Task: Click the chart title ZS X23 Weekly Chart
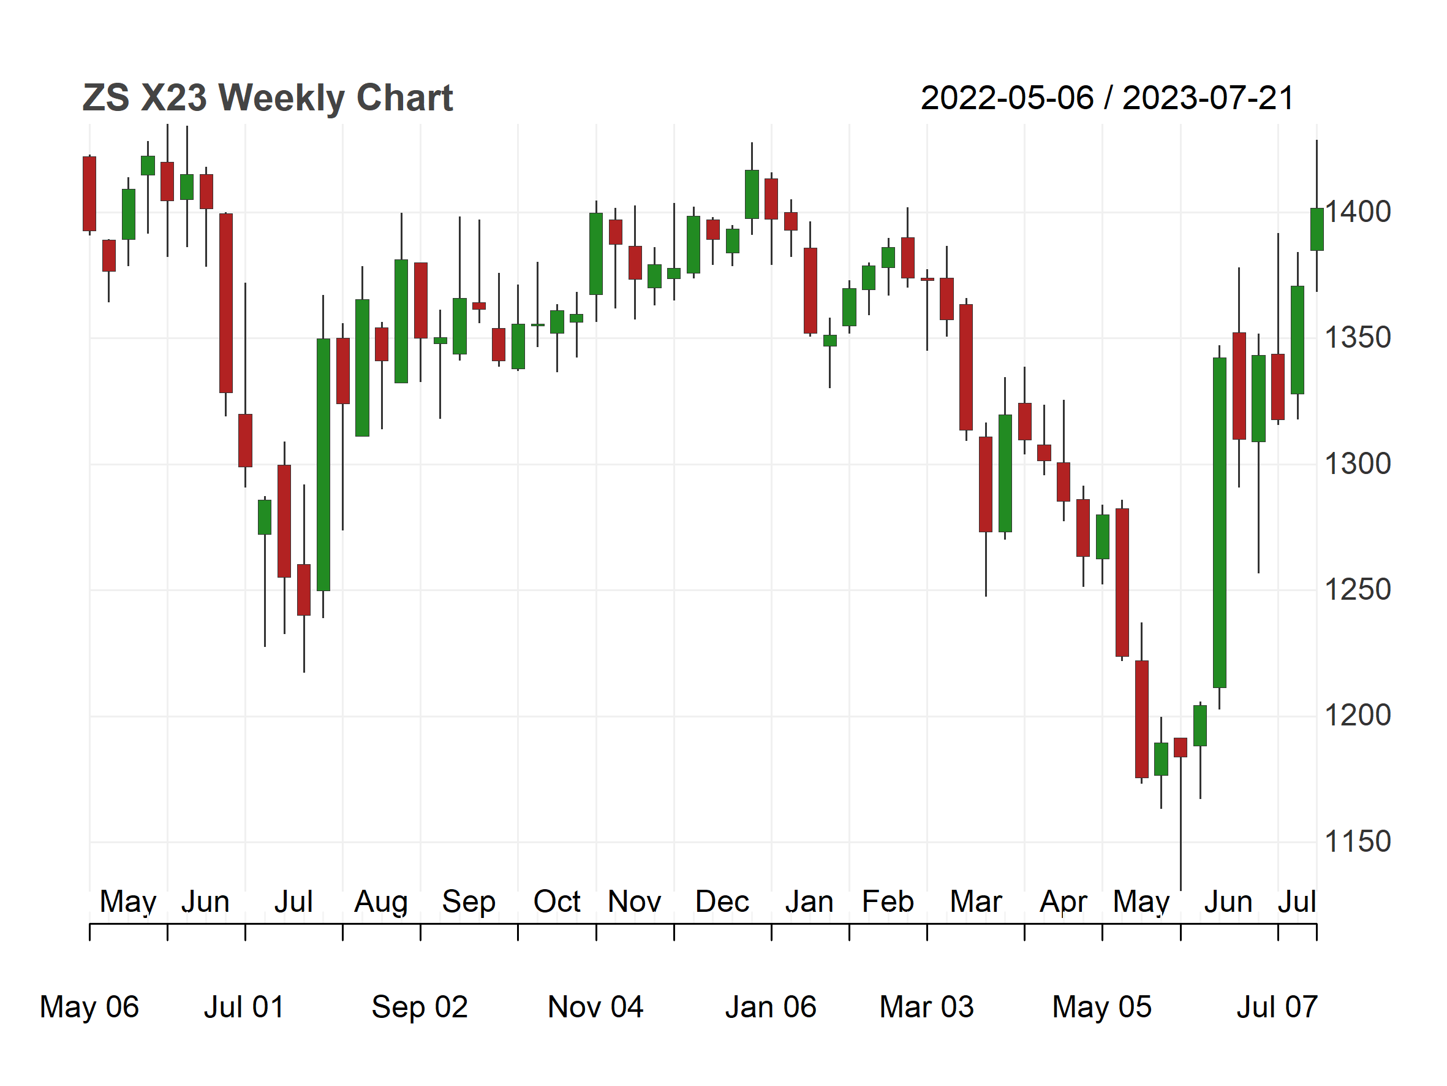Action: pyautogui.click(x=268, y=99)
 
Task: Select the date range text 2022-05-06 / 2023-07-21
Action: pyautogui.click(x=1107, y=99)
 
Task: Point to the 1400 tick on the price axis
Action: pyautogui.click(x=1358, y=212)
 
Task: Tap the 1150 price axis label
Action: pyautogui.click(x=1358, y=842)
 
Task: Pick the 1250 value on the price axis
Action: pyautogui.click(x=1358, y=590)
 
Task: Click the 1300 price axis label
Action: pyautogui.click(x=1358, y=464)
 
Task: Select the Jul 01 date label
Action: pyautogui.click(x=244, y=1007)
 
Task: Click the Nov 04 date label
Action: pyautogui.click(x=595, y=1007)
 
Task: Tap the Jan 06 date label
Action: pyautogui.click(x=771, y=1007)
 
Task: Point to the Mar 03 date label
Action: pyautogui.click(x=926, y=1007)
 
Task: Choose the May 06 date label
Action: pyautogui.click(x=89, y=1007)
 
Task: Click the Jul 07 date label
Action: pyautogui.click(x=1277, y=1007)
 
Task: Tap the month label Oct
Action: pyautogui.click(x=557, y=901)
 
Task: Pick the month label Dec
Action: pyautogui.click(x=722, y=901)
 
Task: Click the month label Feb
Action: pyautogui.click(x=888, y=901)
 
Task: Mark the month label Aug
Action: pyautogui.click(x=380, y=902)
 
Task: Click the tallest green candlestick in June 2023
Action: pyautogui.click(x=1219, y=522)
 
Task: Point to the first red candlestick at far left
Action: pyautogui.click(x=89, y=194)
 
